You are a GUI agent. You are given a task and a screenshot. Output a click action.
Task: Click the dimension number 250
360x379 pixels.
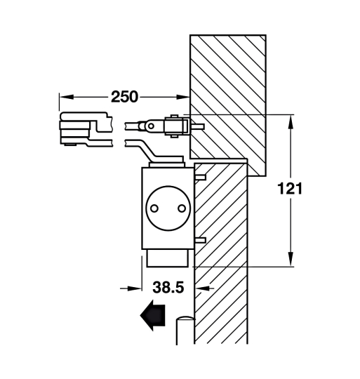point(123,95)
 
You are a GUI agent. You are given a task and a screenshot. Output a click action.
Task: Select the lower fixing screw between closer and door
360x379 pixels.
point(200,240)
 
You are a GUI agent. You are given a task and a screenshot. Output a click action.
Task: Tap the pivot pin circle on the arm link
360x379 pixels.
point(149,126)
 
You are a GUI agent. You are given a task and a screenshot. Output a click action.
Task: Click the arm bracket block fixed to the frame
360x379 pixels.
point(175,126)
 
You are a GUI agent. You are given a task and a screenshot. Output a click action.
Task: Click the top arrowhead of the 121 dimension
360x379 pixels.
point(290,120)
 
